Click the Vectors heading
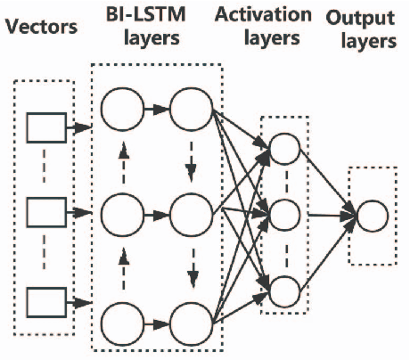(40, 28)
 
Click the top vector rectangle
(45, 130)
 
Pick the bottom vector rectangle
(45, 300)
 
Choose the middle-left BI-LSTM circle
(123, 215)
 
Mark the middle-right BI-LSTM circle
(189, 215)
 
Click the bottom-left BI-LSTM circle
(123, 321)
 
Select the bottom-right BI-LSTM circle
(189, 321)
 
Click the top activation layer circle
(284, 149)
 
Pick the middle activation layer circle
(284, 215)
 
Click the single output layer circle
(373, 216)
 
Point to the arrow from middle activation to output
(330, 215)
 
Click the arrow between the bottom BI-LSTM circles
(156, 321)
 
